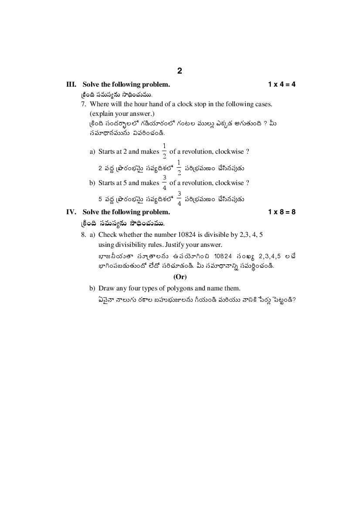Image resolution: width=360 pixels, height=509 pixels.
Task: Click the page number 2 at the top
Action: (180, 71)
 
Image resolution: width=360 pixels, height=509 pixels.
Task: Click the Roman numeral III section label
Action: (71, 84)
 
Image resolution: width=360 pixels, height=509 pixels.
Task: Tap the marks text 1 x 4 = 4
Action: (282, 84)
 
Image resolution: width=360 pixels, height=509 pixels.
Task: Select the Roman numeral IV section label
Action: (71, 212)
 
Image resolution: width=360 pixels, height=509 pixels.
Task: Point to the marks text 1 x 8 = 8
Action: (282, 212)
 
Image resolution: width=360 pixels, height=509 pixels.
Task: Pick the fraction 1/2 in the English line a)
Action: (164, 151)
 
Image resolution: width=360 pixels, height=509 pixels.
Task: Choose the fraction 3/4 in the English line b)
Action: (164, 183)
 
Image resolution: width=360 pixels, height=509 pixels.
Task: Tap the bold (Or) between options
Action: (180, 277)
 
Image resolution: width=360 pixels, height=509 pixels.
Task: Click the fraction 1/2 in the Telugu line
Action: (179, 168)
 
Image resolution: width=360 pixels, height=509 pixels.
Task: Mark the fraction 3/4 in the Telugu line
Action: (179, 199)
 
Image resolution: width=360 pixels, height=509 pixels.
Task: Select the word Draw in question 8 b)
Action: (106, 288)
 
